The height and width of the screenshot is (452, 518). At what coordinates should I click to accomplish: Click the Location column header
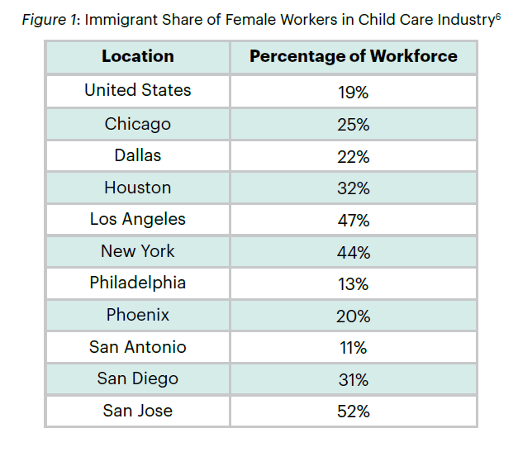[138, 57]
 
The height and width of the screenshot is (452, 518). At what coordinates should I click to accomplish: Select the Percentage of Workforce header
[353, 57]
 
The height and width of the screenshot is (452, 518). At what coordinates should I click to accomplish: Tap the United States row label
[138, 90]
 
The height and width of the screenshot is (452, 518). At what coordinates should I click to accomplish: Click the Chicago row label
[138, 124]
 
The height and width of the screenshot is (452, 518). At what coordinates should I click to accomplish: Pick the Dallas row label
[138, 155]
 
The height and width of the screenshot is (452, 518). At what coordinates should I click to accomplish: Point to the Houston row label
[138, 188]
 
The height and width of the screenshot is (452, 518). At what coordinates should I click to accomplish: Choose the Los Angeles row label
[138, 219]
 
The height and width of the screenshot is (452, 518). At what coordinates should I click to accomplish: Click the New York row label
[138, 251]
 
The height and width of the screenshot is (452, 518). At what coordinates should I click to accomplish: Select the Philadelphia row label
[138, 283]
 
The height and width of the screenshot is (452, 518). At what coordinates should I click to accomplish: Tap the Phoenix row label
[138, 315]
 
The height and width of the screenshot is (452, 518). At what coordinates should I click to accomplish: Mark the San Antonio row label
[138, 347]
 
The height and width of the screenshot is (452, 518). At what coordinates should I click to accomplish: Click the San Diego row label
[138, 378]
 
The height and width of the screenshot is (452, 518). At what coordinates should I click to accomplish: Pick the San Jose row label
[138, 411]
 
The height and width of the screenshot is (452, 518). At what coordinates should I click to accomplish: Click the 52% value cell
[353, 412]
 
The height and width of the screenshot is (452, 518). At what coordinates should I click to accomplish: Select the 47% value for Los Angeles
[353, 220]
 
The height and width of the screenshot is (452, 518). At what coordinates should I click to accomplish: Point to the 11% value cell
[353, 348]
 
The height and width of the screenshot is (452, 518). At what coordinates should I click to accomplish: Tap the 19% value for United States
[353, 92]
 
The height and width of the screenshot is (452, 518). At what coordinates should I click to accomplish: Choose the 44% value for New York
[353, 252]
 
